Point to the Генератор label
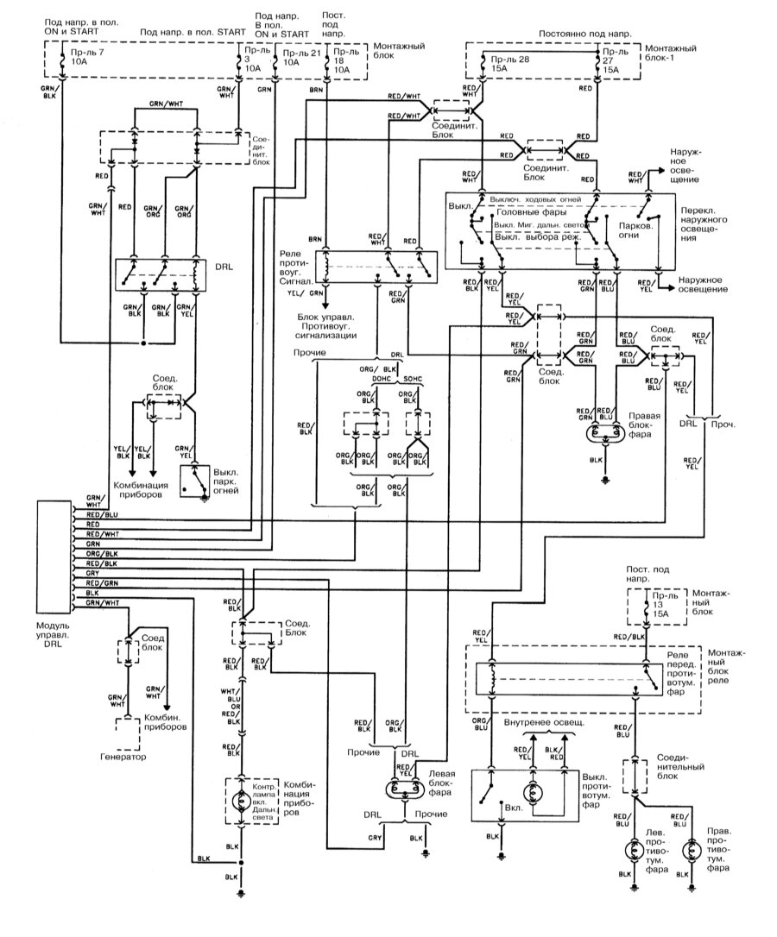click(x=121, y=757)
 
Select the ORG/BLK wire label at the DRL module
click(x=101, y=553)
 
